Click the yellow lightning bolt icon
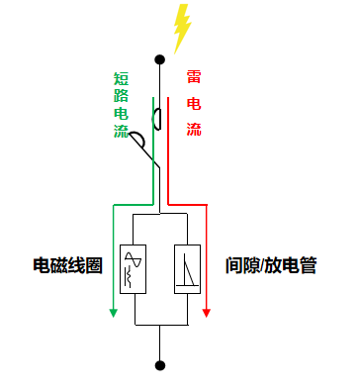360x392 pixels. [182, 28]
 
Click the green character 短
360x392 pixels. [122, 79]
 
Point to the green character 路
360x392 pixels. [122, 96]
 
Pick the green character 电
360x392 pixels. [122, 113]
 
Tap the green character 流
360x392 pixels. [122, 131]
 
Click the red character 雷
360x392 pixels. [195, 79]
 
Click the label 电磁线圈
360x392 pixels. [68, 266]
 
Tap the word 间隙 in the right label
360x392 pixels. [240, 266]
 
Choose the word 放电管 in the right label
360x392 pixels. [292, 266]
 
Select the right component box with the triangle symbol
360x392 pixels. [187, 267]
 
